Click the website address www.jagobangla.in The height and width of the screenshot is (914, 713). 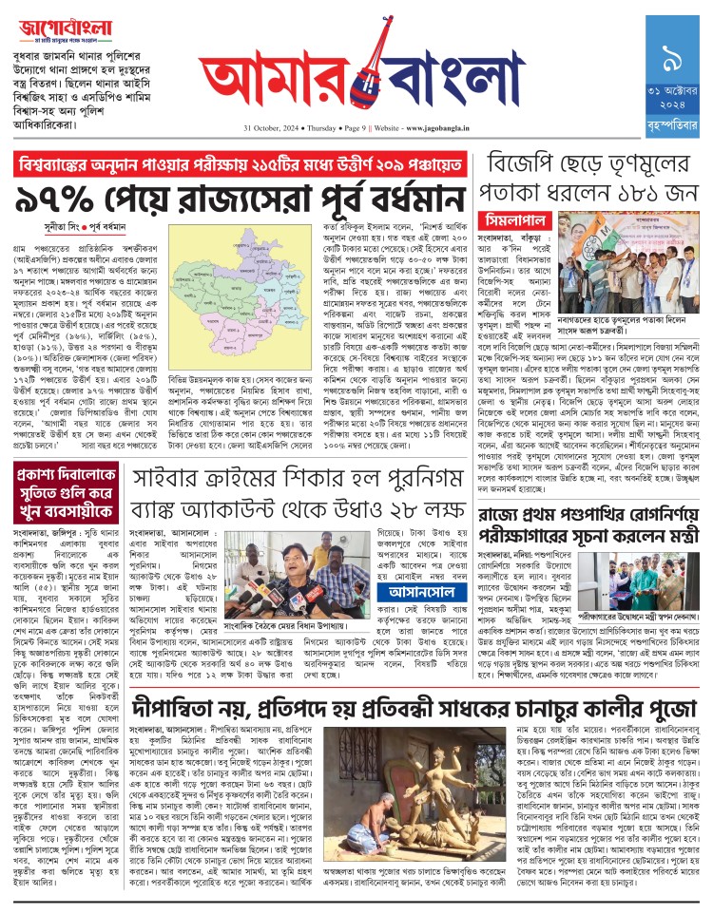(x=424, y=126)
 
